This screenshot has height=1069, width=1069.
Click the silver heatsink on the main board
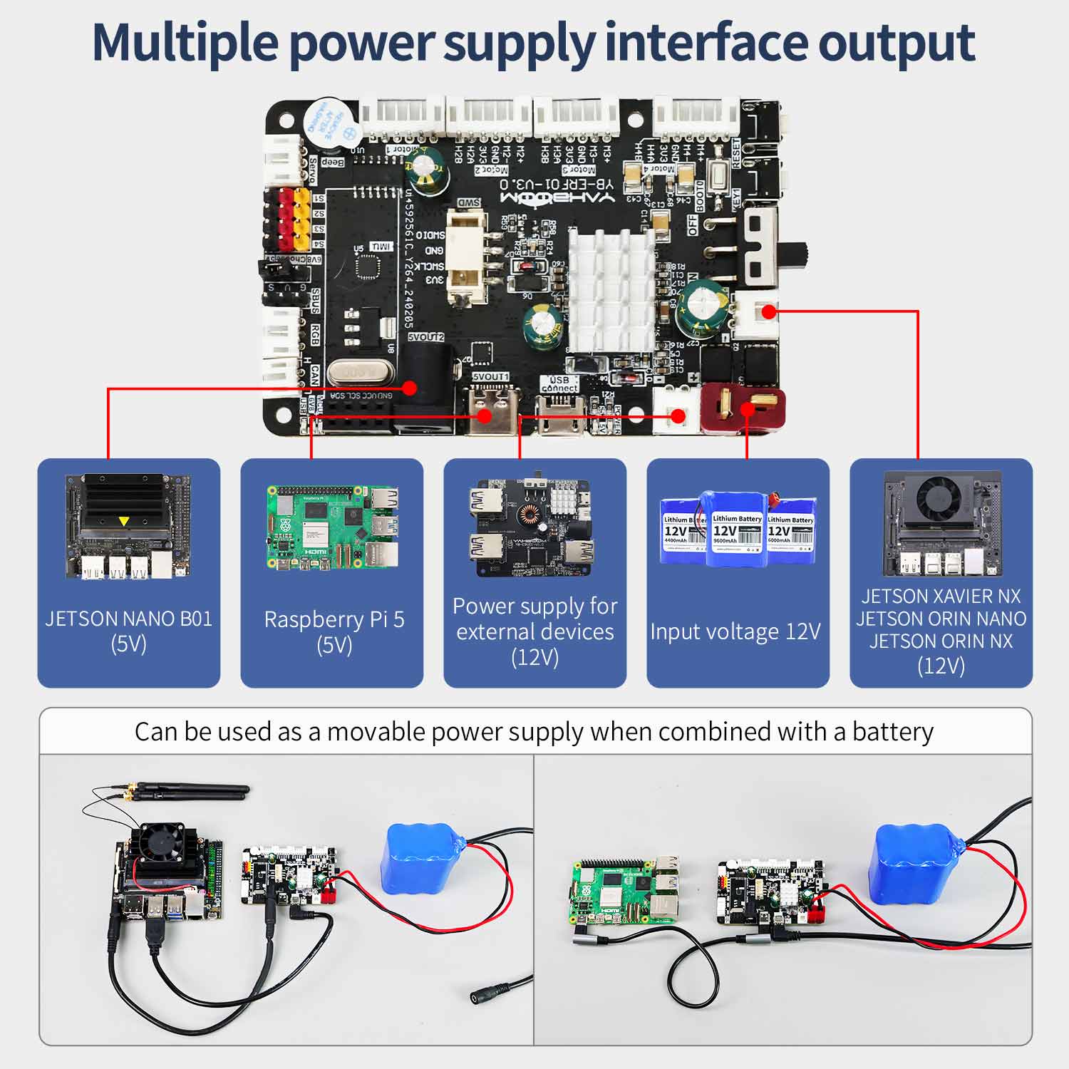611,288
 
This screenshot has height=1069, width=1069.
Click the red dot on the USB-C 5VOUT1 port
485,415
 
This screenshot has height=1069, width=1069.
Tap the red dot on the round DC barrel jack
409,388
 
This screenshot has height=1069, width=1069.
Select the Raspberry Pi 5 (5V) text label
334,631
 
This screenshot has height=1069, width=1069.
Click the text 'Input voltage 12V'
735,631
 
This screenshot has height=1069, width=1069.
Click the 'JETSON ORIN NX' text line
941,641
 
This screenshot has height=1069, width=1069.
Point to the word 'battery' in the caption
892,732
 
